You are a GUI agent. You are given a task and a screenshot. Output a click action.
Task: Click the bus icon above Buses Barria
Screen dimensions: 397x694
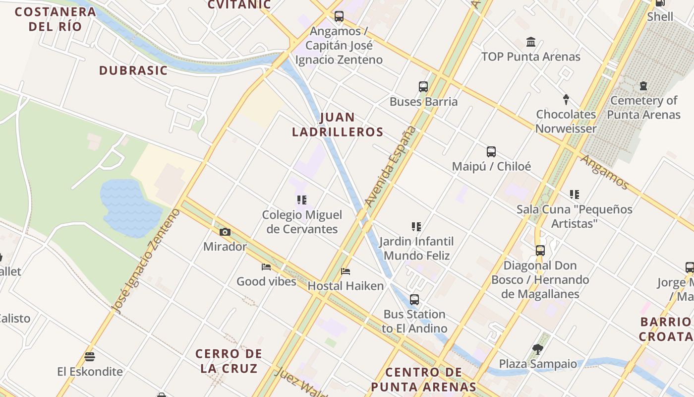pos(423,87)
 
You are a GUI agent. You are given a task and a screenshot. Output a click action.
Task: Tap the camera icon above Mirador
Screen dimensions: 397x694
pos(225,232)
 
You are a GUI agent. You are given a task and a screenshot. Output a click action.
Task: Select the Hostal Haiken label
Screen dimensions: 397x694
pos(346,286)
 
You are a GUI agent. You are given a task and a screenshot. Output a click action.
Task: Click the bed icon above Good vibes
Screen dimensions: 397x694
pos(266,267)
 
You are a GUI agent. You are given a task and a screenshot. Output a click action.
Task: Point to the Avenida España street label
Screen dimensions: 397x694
pos(390,166)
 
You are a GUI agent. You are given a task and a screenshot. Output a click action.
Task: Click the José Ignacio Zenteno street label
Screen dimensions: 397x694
pos(147,261)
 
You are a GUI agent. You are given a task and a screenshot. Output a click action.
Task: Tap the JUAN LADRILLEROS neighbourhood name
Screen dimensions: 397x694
pos(338,125)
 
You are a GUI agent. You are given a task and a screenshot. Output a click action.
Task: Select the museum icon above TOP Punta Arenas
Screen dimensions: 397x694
pos(531,42)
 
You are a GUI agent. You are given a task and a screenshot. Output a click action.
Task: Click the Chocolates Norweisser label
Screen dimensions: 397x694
pos(566,122)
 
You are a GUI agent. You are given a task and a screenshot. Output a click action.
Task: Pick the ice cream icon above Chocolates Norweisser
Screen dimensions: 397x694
pos(566,99)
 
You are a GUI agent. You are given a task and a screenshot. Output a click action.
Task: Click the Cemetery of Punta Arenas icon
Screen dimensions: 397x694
pos(643,86)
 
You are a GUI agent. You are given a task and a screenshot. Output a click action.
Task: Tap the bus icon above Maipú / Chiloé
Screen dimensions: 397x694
pos(491,152)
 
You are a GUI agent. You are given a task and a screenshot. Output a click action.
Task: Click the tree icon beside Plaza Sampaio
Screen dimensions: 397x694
pos(537,349)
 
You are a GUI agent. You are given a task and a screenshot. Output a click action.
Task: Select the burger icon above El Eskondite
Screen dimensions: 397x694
pos(90,356)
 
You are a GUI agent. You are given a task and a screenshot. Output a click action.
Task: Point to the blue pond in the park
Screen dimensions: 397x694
pos(130,207)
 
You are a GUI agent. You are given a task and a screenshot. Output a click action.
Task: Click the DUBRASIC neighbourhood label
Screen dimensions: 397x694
pos(133,70)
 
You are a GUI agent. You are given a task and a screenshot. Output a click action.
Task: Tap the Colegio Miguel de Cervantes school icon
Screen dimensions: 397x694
pos(301,200)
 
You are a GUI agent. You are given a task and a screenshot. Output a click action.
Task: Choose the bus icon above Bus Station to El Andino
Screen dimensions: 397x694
pos(414,300)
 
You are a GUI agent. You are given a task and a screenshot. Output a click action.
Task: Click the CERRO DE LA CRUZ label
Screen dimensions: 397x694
pos(229,361)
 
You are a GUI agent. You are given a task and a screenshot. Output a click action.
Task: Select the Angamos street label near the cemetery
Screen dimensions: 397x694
pos(604,172)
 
